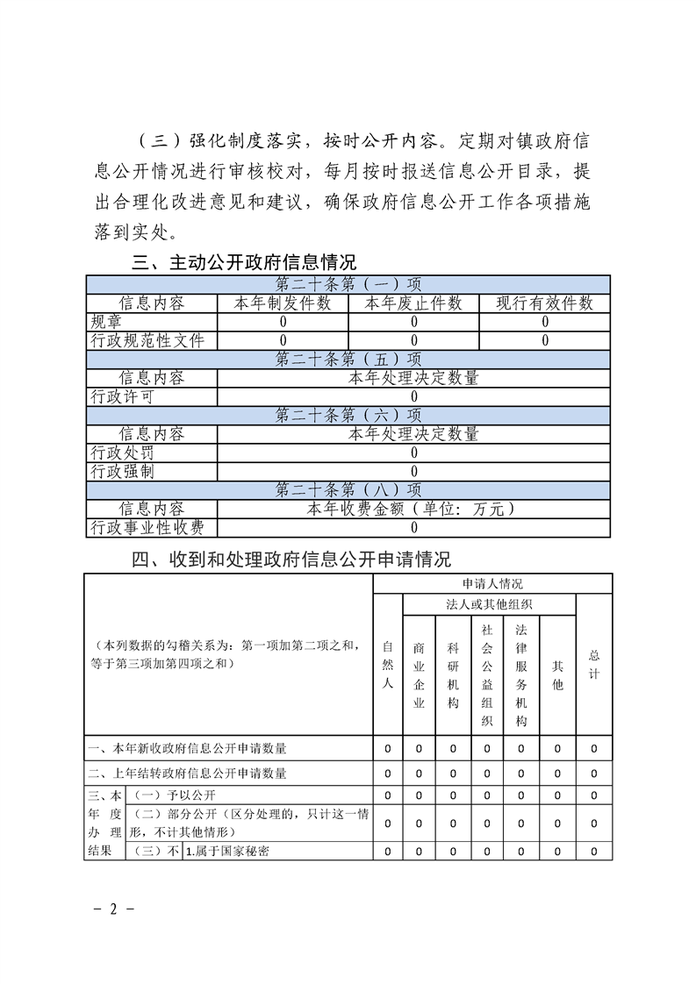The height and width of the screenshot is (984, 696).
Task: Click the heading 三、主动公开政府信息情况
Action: click(x=245, y=263)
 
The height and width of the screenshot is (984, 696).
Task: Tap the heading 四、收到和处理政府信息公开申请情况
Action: click(x=291, y=560)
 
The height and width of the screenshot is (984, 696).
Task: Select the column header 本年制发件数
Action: click(x=282, y=303)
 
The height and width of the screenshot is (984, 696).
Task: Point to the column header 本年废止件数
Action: click(x=413, y=303)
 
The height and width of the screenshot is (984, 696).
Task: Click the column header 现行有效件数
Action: click(x=544, y=303)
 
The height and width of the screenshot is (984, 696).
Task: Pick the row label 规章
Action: click(x=106, y=322)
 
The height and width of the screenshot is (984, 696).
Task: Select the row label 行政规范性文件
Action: click(x=147, y=340)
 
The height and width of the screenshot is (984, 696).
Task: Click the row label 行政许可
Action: click(x=122, y=396)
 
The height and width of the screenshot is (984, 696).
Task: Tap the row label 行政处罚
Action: click(x=122, y=453)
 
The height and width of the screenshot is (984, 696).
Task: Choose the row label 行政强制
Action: click(x=122, y=472)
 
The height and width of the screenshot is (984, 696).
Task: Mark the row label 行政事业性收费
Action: click(x=147, y=528)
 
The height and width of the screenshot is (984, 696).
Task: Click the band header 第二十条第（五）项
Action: click(x=348, y=359)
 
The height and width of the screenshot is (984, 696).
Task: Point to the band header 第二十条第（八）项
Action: click(x=348, y=490)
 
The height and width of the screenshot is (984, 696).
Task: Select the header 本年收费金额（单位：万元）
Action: click(x=413, y=509)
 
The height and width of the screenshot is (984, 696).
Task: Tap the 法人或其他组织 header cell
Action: click(x=489, y=604)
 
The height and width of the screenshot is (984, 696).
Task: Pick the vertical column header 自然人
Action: click(x=388, y=666)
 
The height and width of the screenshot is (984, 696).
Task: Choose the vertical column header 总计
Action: click(x=594, y=664)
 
